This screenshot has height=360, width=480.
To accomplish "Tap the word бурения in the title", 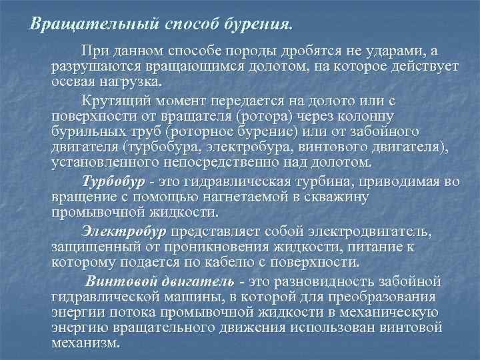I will click(x=256, y=24).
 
